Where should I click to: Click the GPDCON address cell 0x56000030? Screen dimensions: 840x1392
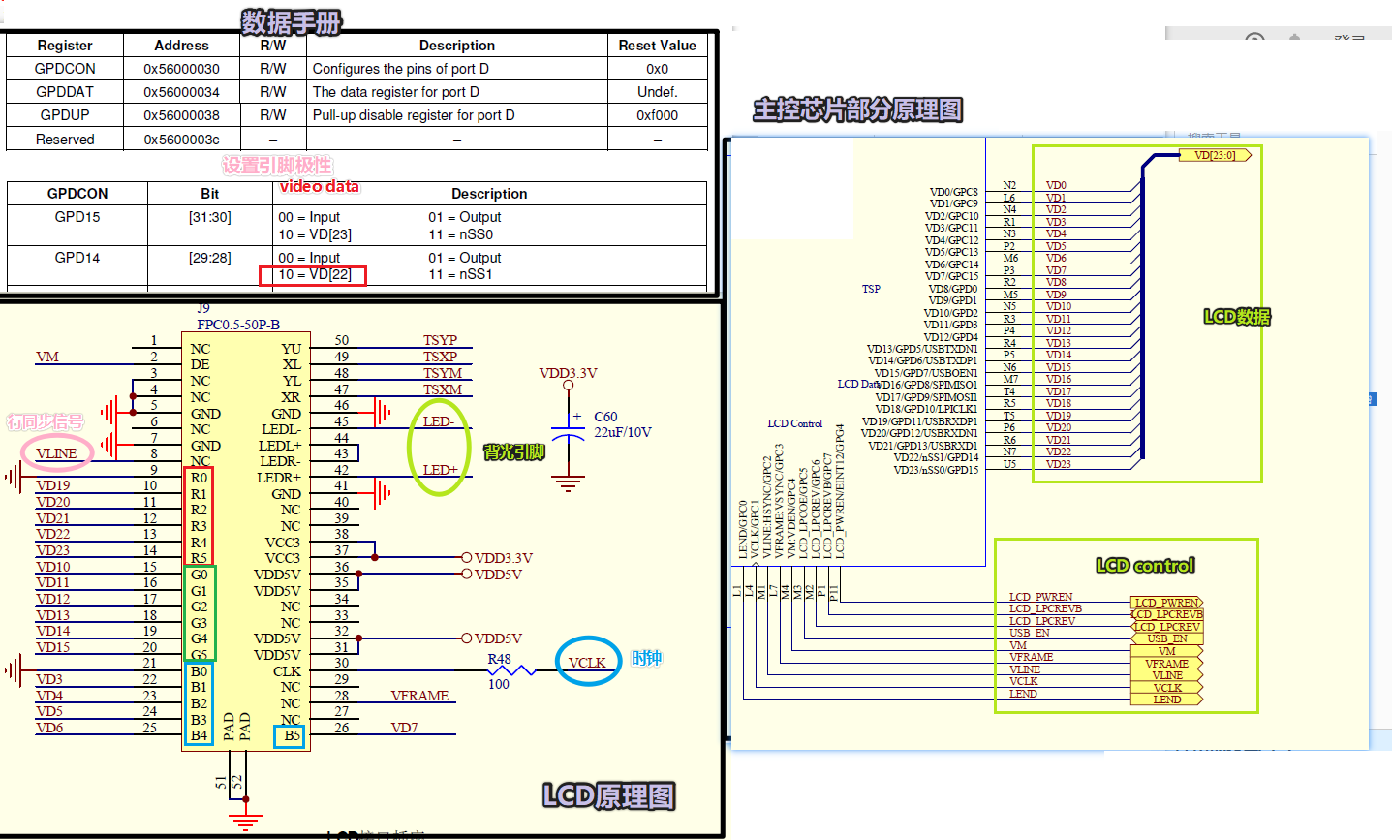[181, 69]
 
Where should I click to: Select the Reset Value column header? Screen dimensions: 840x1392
[657, 46]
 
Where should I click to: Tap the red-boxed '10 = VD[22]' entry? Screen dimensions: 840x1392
[313, 275]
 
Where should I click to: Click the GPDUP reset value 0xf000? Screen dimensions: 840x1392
[657, 115]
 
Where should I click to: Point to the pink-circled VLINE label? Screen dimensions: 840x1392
[56, 453]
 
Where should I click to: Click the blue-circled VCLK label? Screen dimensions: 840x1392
[587, 663]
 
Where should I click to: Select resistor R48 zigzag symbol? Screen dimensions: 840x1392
[510, 670]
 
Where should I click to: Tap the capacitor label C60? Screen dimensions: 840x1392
[605, 417]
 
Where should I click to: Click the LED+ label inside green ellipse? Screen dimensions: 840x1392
[440, 470]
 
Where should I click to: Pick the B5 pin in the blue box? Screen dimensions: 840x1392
[291, 736]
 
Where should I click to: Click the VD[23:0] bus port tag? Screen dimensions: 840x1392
[1215, 155]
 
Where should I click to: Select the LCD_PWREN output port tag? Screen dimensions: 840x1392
[1165, 603]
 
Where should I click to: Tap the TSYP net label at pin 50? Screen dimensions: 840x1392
[440, 340]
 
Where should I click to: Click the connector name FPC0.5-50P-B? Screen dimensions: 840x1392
[238, 325]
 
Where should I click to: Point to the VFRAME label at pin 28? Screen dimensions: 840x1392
[419, 696]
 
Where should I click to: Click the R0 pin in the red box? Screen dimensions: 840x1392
[199, 478]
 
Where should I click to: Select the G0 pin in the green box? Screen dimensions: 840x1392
[199, 575]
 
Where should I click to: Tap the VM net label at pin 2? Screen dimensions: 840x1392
[47, 357]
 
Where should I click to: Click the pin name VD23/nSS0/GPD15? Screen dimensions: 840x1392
[936, 470]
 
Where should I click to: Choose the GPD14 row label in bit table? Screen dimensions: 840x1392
[77, 258]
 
